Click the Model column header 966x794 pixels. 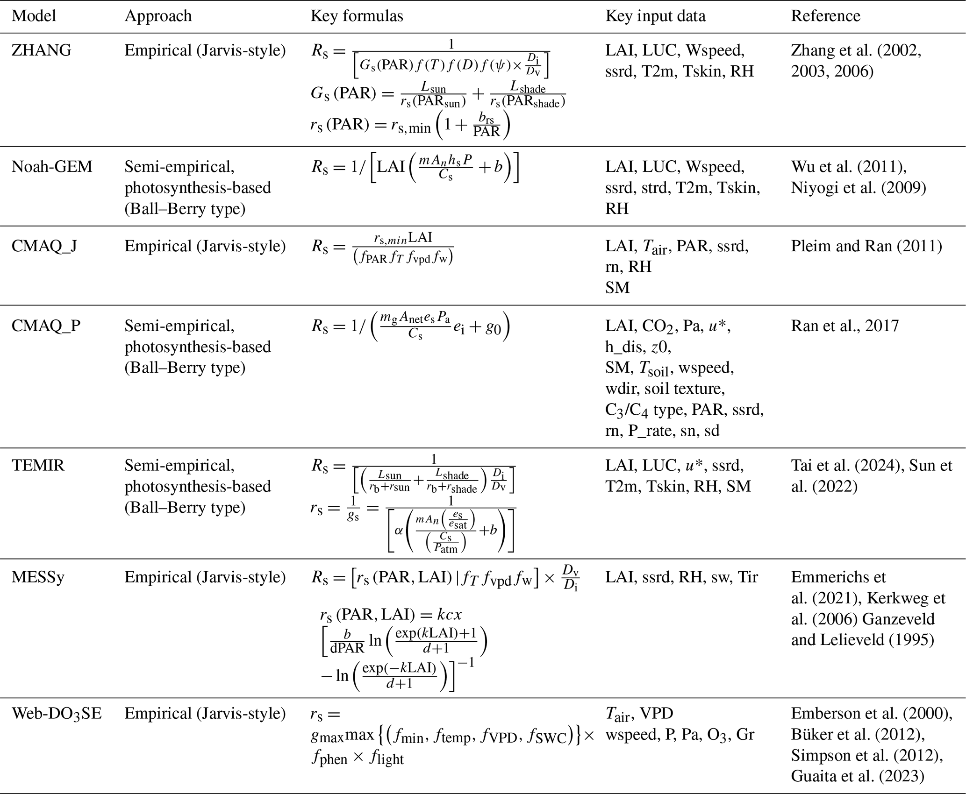click(x=34, y=16)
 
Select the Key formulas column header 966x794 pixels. click(x=357, y=16)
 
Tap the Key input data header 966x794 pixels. click(x=655, y=16)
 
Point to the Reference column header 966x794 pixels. click(x=825, y=16)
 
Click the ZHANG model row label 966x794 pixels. click(x=41, y=50)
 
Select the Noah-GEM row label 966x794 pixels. click(x=52, y=167)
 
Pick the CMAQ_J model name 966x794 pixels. click(x=44, y=246)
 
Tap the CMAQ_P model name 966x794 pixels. click(x=46, y=326)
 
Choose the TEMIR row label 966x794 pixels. click(x=38, y=466)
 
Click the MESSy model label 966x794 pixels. click(x=38, y=577)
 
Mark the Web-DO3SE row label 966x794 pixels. click(x=57, y=714)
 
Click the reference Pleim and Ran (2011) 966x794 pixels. click(x=866, y=246)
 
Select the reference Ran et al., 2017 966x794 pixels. click(x=844, y=326)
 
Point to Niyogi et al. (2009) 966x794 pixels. click(x=858, y=188)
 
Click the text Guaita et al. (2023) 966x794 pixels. click(x=857, y=776)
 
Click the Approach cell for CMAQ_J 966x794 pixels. click(x=205, y=246)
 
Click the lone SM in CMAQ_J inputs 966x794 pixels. click(x=617, y=288)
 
